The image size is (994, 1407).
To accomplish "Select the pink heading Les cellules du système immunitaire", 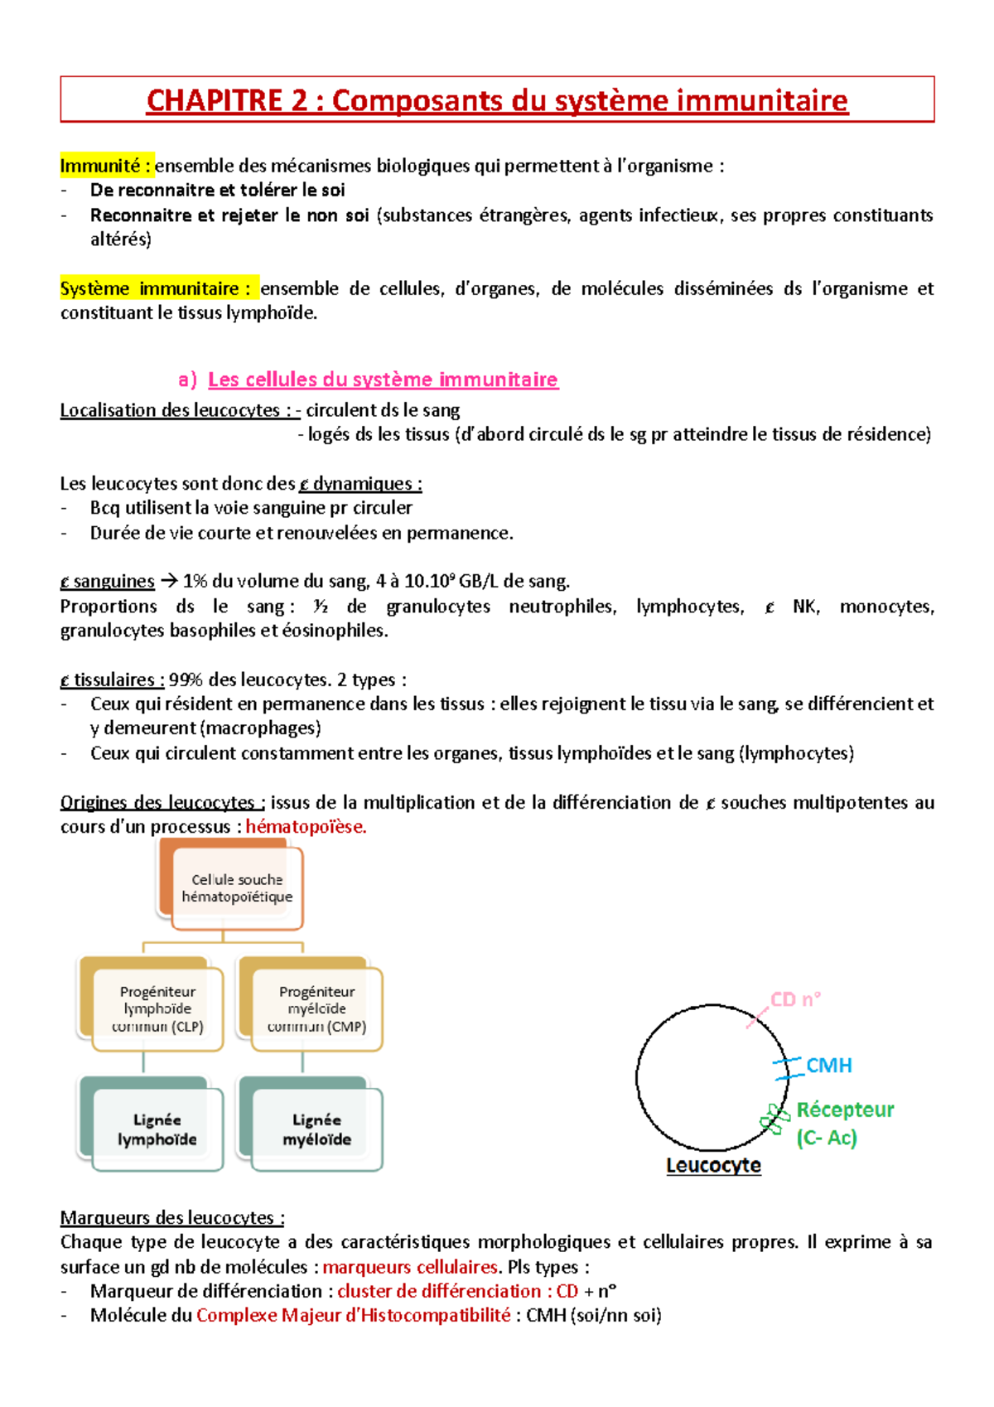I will coord(383,380).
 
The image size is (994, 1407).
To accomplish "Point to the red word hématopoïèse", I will coord(305,827).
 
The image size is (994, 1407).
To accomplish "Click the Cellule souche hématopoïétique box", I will coord(237,888).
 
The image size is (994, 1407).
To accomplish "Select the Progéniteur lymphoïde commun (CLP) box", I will coord(157,1008).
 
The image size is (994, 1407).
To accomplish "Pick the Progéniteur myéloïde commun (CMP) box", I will coord(316,1008).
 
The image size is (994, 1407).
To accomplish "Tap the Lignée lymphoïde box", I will coord(157,1129).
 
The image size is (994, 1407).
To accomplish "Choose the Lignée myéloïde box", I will coord(316,1129).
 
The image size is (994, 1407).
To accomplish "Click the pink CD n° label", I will coord(795,999).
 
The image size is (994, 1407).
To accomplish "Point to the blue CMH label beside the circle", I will coord(829,1066).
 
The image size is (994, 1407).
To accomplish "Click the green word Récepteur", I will coord(845,1110).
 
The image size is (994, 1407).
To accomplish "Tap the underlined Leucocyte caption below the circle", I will coord(713,1165).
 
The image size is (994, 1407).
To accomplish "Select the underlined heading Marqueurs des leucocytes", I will coord(171,1218).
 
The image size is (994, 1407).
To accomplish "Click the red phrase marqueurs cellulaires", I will coord(410,1267).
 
